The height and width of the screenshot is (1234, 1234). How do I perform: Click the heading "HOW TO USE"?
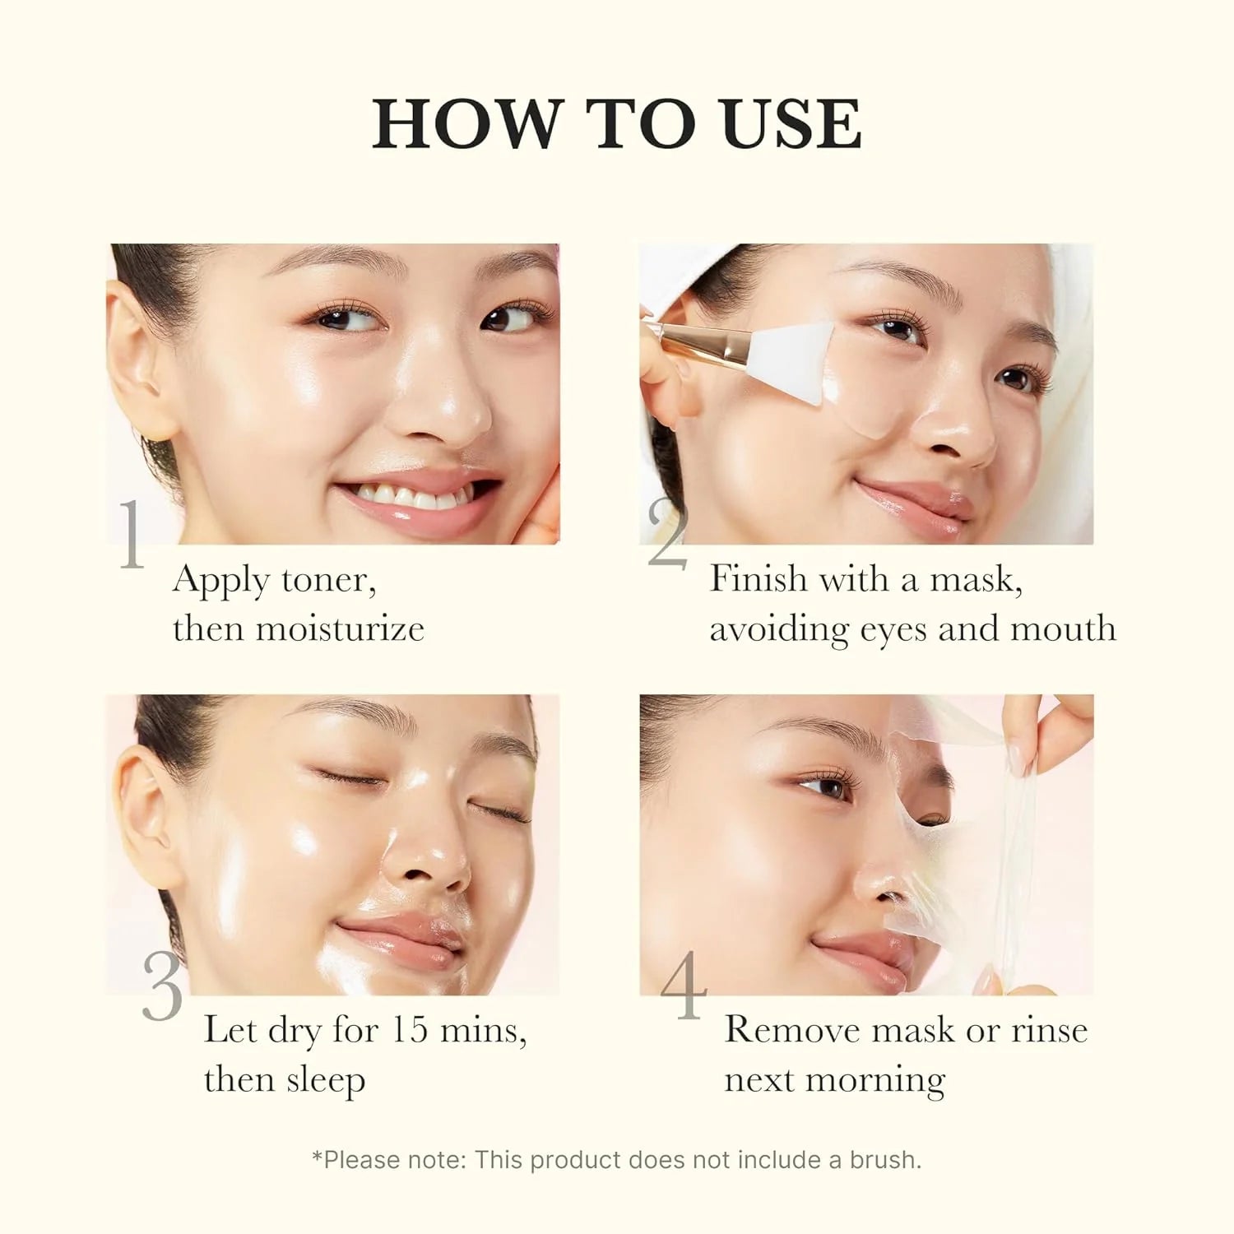[x=617, y=124]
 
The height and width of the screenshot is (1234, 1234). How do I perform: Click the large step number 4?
[x=684, y=985]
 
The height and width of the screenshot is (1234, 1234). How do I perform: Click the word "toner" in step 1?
[x=328, y=581]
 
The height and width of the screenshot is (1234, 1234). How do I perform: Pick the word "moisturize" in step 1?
[x=340, y=629]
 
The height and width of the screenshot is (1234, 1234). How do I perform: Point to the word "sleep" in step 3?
[x=325, y=1081]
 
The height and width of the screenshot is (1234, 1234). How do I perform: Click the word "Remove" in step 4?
[x=791, y=1030]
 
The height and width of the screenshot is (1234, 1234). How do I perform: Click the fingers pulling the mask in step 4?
[x=1061, y=724]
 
